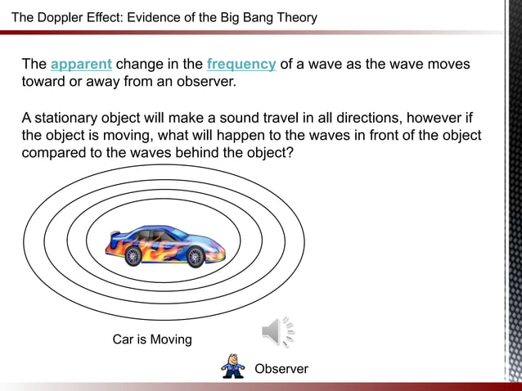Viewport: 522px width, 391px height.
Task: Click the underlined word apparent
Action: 81,65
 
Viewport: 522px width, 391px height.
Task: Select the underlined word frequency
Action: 241,65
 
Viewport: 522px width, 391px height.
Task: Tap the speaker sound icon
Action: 277,331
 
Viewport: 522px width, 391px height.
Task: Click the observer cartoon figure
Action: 233,366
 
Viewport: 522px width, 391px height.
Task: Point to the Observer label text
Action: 281,369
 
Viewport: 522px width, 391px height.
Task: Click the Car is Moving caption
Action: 152,339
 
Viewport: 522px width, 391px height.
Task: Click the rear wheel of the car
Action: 131,257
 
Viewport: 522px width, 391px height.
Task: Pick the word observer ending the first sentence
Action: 205,83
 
